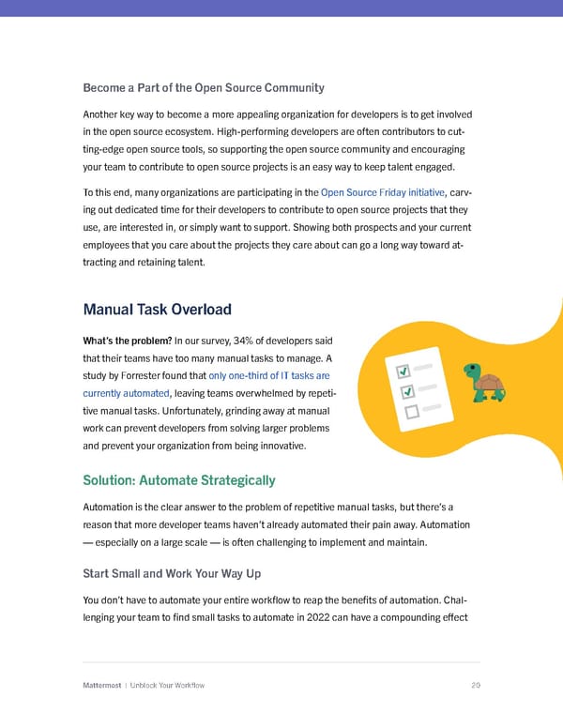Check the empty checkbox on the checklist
click(x=408, y=412)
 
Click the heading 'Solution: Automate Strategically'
click(x=179, y=480)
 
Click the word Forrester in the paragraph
click(x=140, y=376)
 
